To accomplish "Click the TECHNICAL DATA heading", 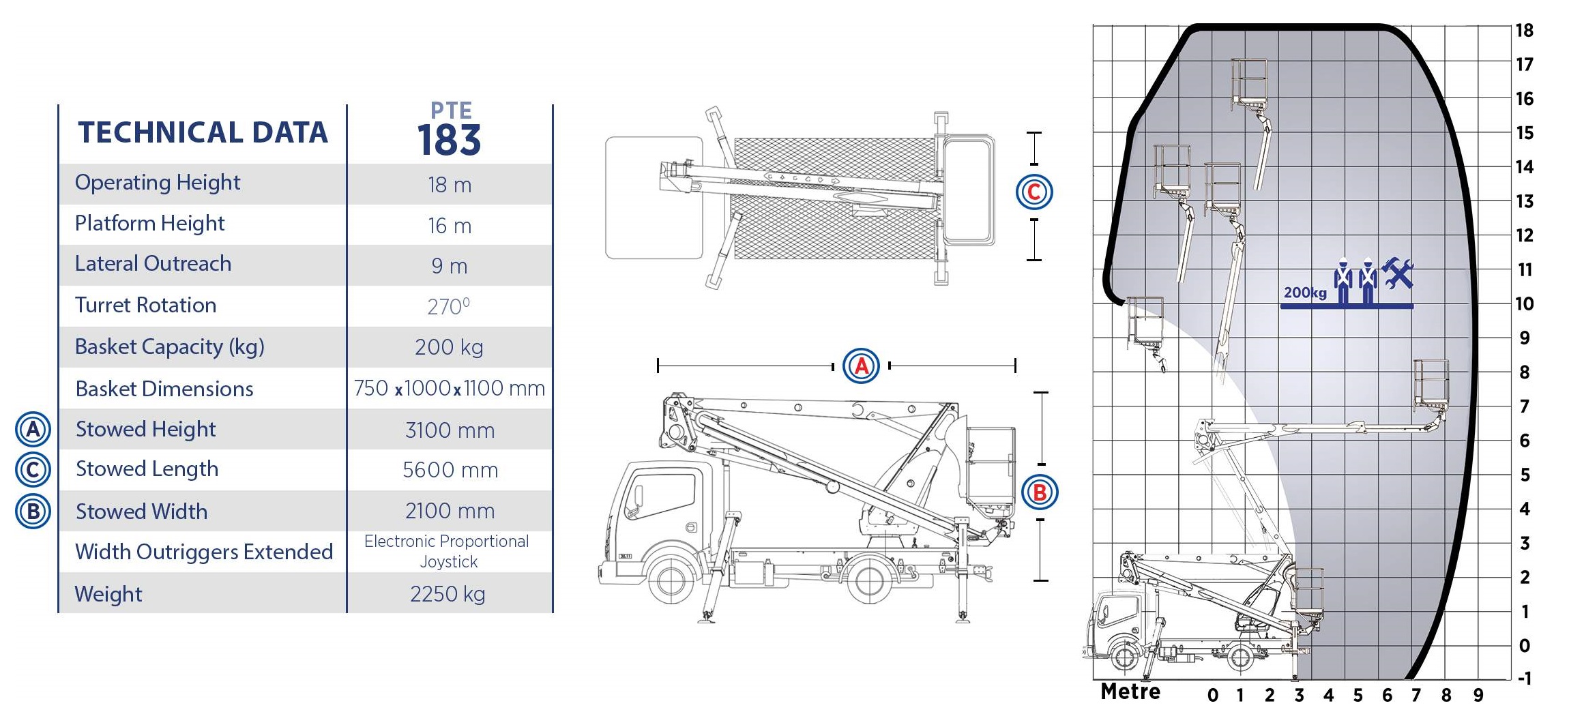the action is point(203,132).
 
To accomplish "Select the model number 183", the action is point(450,140).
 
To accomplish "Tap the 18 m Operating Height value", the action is point(450,185).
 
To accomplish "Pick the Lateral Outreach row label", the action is point(153,263).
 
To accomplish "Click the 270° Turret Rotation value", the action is point(448,306).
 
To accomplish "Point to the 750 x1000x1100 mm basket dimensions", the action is point(449,388).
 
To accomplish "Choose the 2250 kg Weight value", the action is point(448,594).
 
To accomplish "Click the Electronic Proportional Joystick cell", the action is point(447,551).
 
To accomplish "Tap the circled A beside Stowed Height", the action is point(33,430).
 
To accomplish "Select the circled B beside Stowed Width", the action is point(33,511).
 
